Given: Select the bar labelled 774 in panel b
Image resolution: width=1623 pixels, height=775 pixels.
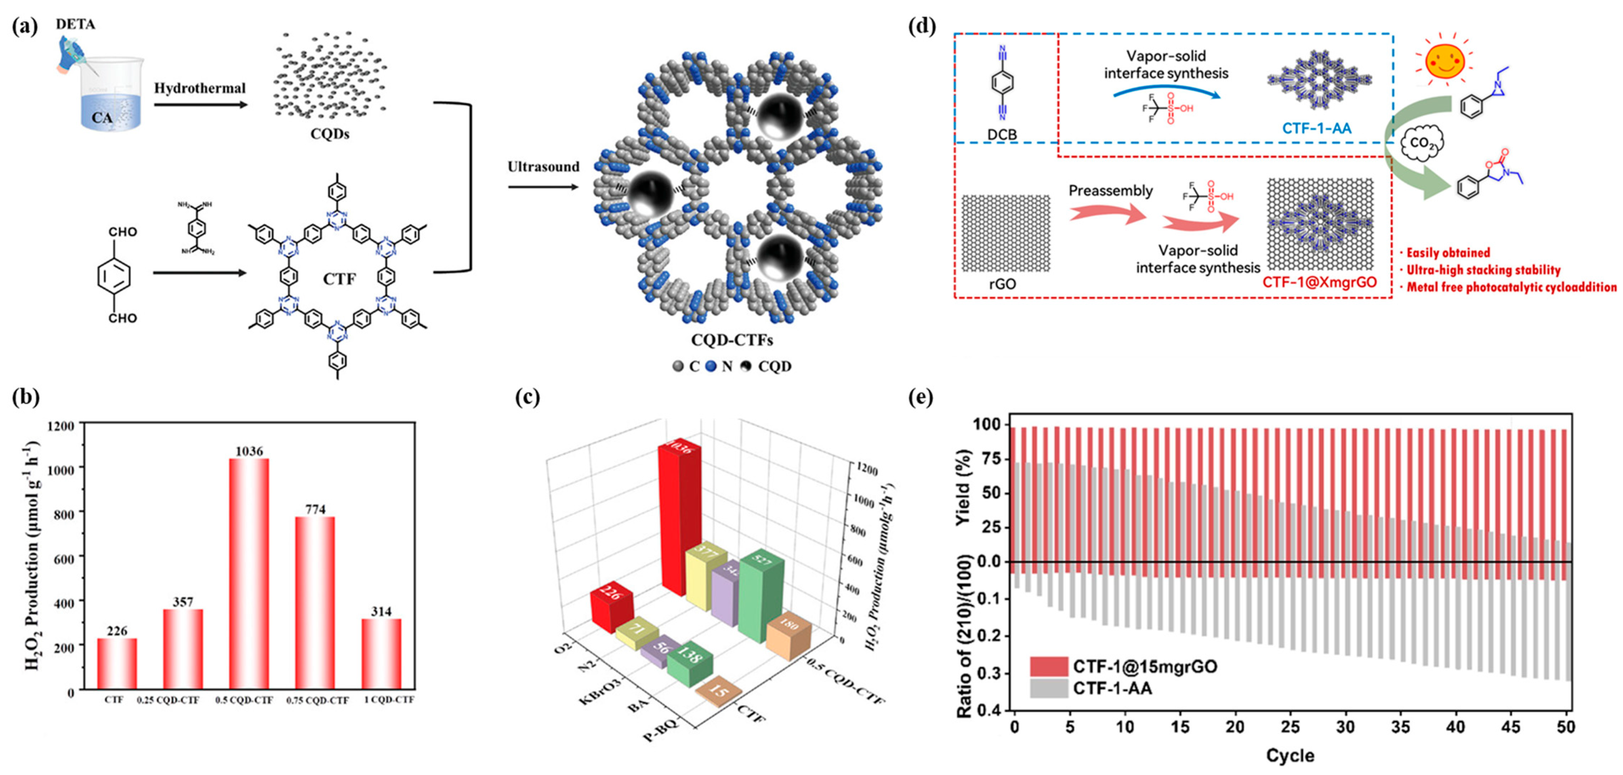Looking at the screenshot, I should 315,602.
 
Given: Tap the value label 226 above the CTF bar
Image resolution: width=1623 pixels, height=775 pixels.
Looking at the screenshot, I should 117,631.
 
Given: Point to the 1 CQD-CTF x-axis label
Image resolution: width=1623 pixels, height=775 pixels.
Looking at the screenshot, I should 389,699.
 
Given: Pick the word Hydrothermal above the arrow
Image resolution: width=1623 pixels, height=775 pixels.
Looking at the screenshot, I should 200,88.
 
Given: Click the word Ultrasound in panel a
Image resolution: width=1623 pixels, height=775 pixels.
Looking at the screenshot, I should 543,167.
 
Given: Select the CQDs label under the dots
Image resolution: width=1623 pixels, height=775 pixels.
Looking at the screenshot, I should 330,134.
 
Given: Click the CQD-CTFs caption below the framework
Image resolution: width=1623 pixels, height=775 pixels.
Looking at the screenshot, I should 732,340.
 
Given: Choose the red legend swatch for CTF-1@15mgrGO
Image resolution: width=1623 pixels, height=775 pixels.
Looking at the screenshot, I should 1049,666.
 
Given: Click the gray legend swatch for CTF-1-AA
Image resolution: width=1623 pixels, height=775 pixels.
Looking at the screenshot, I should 1049,688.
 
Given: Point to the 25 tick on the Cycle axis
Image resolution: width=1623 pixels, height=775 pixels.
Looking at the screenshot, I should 1290,727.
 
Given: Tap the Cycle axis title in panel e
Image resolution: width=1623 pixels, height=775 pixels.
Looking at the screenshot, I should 1290,755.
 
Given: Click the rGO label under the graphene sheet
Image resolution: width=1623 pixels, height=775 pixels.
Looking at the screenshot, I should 1002,284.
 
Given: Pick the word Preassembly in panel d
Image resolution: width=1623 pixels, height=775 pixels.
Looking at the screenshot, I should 1110,190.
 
